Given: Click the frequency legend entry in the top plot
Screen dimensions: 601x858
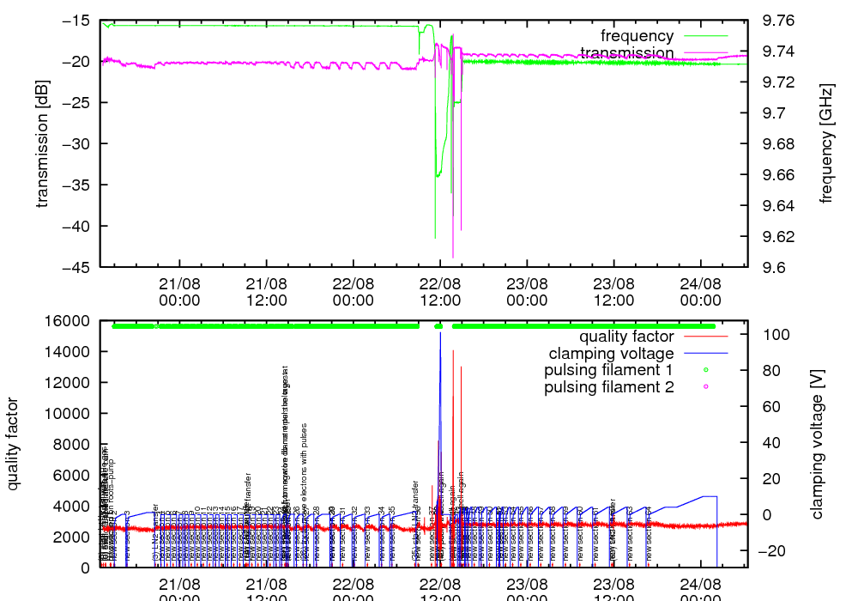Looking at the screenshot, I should click(x=637, y=36).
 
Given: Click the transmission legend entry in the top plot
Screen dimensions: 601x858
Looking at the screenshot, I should click(x=626, y=53).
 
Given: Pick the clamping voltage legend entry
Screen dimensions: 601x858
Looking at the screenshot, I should click(x=612, y=353).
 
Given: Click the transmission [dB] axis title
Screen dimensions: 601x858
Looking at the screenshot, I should click(x=42, y=143).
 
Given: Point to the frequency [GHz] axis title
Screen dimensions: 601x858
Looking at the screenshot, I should click(x=826, y=143).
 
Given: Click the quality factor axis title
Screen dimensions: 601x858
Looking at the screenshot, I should click(x=14, y=444).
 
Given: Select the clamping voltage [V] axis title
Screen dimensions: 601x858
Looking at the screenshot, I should click(x=816, y=444).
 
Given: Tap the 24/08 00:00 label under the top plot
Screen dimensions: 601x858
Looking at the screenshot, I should click(x=700, y=291).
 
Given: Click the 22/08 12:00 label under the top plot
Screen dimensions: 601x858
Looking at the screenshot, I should click(x=440, y=291).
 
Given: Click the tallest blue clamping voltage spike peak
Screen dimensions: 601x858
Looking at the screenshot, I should click(x=440, y=332).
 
